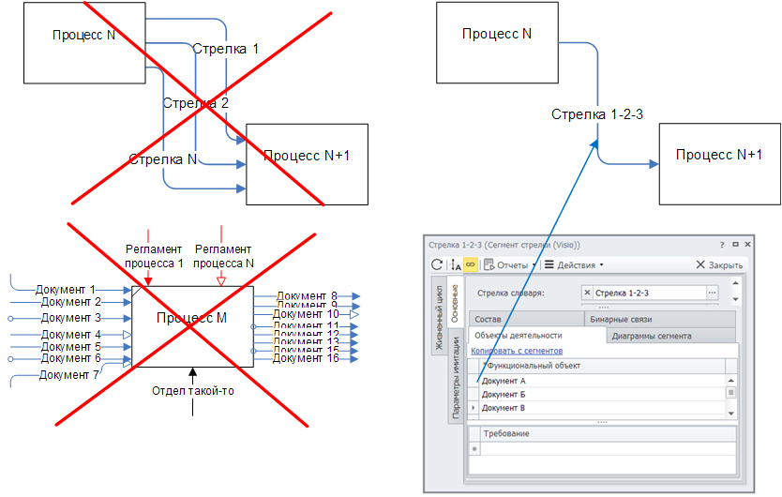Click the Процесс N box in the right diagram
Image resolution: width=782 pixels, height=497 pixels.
click(497, 35)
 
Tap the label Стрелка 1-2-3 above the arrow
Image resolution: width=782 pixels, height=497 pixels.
click(596, 114)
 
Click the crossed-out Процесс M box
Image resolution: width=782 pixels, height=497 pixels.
click(192, 319)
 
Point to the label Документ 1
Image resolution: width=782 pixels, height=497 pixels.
click(66, 290)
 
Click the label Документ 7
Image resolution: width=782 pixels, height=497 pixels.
click(69, 374)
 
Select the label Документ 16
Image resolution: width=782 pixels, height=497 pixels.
click(307, 358)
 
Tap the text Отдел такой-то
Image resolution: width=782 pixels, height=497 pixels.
click(193, 391)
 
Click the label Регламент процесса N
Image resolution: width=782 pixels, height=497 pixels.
click(222, 256)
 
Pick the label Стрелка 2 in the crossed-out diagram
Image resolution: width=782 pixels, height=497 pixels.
click(195, 103)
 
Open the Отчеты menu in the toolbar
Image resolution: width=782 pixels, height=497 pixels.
click(510, 264)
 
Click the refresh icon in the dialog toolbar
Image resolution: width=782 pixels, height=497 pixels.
click(437, 264)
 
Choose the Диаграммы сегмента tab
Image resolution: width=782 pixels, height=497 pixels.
click(652, 335)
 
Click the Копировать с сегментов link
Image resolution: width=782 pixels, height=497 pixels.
click(517, 351)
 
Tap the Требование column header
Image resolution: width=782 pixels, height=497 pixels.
click(506, 433)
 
